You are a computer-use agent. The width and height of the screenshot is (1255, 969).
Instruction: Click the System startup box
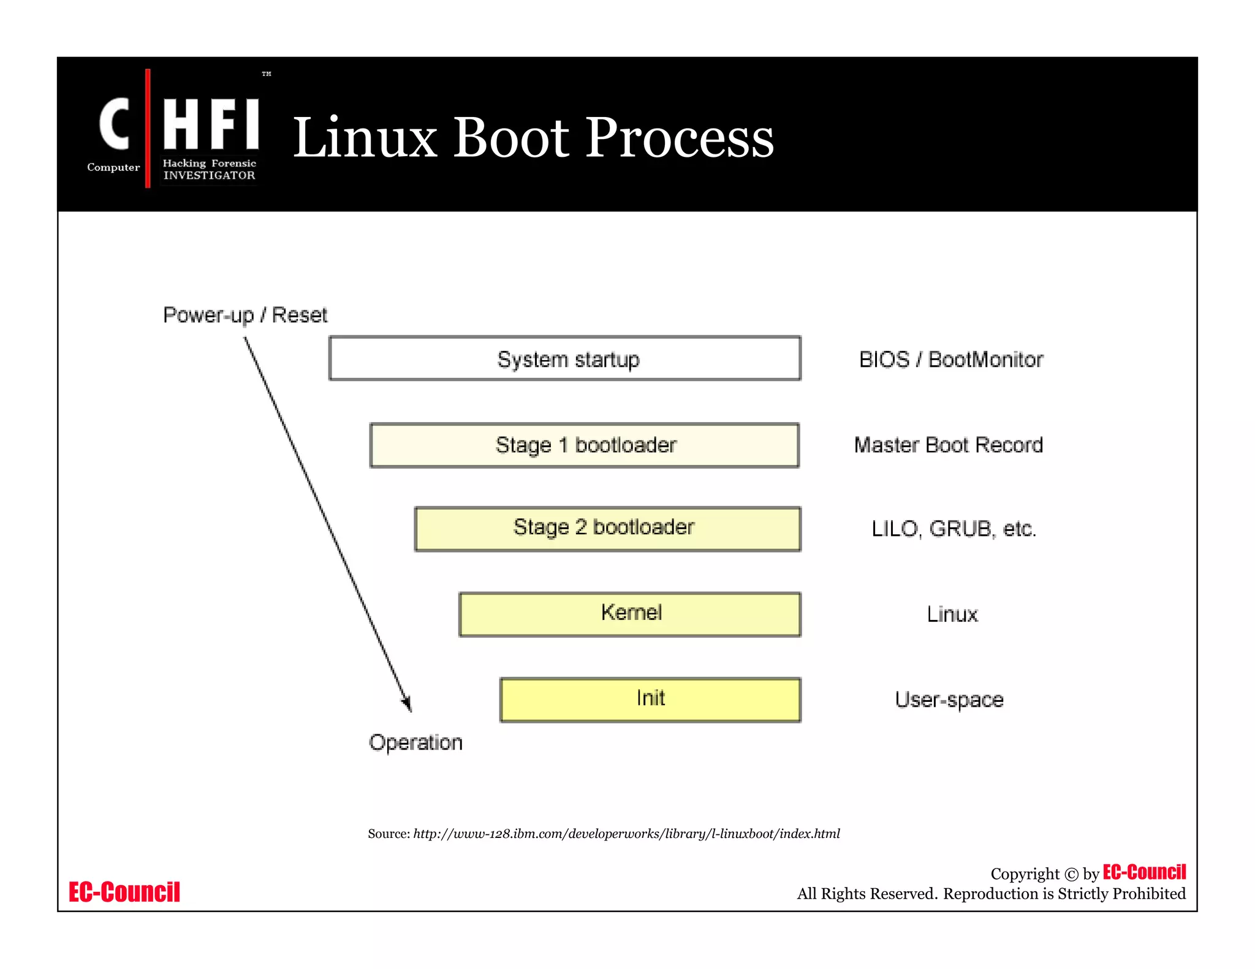tap(564, 358)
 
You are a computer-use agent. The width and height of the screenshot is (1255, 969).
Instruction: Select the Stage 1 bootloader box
tap(584, 445)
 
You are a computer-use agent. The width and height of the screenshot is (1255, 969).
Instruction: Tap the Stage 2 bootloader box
tap(607, 529)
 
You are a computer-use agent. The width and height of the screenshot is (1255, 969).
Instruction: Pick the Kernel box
tap(629, 614)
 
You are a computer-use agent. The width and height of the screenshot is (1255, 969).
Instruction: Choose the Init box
tap(650, 699)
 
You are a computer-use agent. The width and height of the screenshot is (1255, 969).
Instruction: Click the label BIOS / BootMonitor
tap(950, 360)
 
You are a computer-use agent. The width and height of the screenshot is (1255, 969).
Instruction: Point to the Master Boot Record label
tap(948, 445)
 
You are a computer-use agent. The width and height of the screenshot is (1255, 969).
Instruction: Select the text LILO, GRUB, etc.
tap(954, 529)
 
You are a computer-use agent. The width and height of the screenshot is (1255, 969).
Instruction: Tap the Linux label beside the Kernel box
tap(952, 614)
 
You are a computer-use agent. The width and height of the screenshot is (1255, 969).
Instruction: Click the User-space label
tap(949, 699)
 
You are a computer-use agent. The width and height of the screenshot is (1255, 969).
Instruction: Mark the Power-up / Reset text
tap(245, 315)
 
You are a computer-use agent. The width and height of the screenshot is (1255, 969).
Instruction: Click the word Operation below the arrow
tap(415, 742)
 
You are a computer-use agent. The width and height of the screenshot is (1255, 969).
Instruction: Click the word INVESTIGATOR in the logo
tap(209, 176)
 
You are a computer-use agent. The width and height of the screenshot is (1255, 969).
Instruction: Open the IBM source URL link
tap(626, 834)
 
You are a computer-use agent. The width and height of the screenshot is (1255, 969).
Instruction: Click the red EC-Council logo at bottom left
tap(124, 892)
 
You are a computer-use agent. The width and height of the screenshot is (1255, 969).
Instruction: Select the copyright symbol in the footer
tap(1071, 875)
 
